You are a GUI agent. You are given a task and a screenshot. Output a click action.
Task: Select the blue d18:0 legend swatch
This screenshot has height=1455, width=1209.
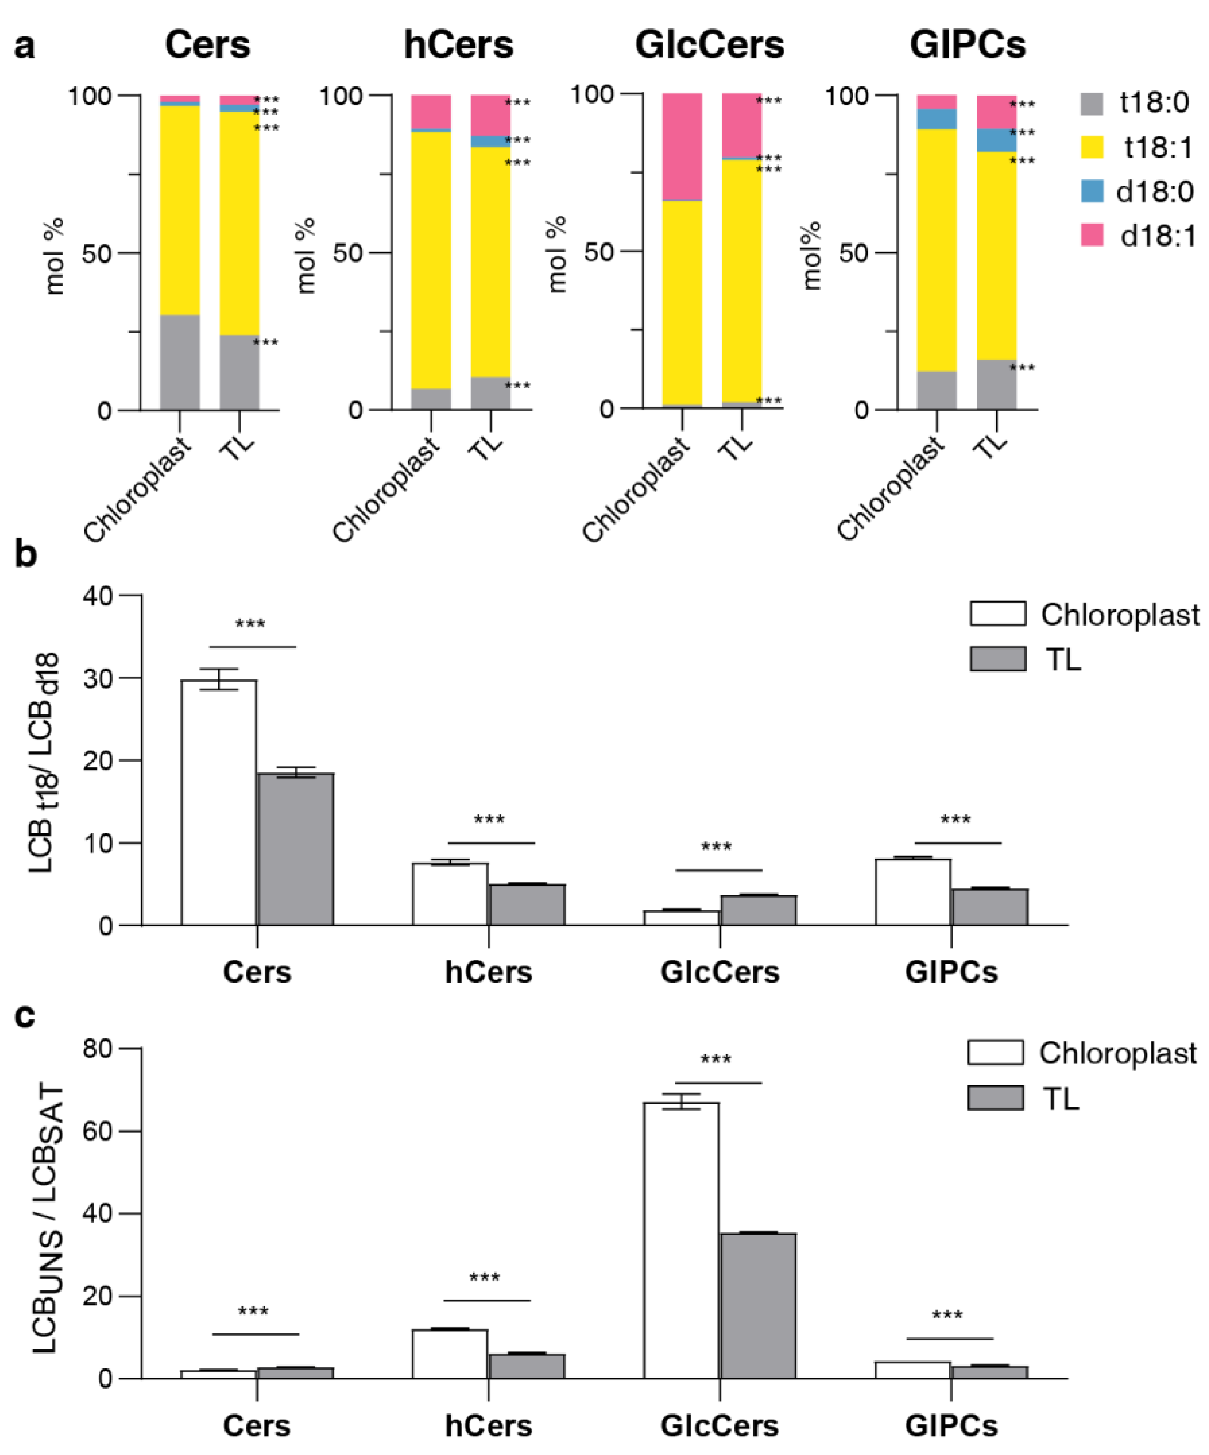(1092, 190)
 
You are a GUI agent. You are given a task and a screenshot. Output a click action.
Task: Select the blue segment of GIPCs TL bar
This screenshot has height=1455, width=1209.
(996, 140)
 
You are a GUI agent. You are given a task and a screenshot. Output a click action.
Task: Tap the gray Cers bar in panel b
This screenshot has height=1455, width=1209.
(296, 849)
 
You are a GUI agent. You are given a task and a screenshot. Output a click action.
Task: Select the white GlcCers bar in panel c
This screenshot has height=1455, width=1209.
(681, 1240)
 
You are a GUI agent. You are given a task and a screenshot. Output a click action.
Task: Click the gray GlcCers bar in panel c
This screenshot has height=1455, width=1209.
(758, 1305)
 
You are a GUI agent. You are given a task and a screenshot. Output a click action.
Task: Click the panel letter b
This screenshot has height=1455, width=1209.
(26, 554)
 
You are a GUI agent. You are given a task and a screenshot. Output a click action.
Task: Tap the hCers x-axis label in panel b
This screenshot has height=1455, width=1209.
(488, 972)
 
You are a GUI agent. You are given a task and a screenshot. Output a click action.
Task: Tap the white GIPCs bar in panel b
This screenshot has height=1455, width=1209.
(912, 892)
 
